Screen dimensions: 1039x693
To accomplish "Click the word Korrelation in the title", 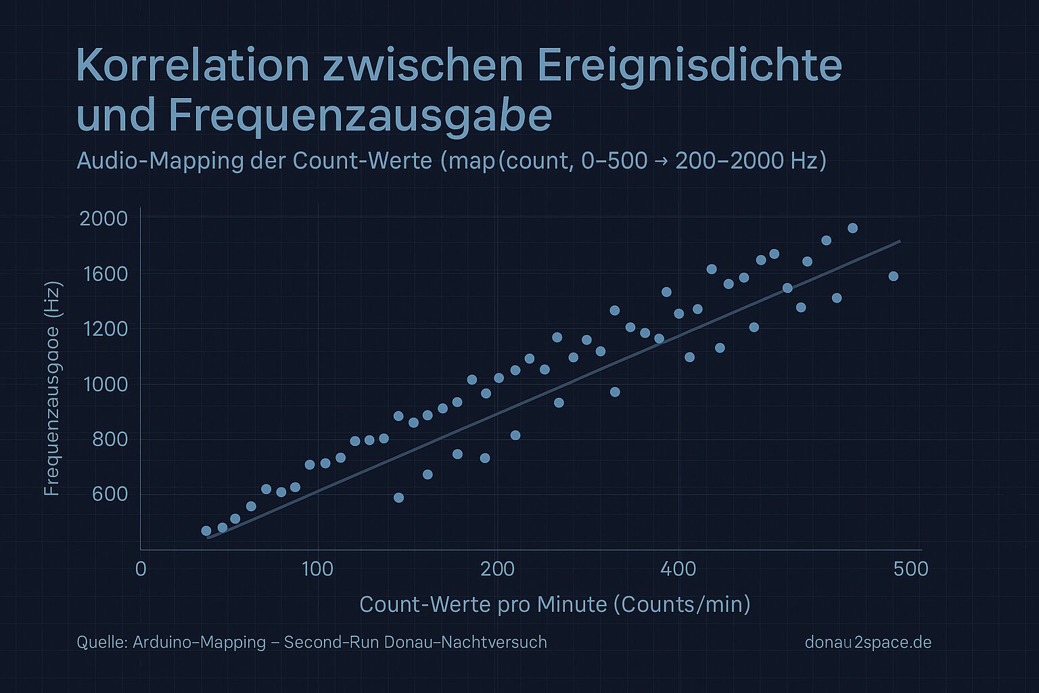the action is coord(193,66).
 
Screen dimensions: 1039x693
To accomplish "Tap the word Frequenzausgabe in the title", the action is coord(360,116).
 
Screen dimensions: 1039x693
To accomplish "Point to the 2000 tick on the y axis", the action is coord(103,219).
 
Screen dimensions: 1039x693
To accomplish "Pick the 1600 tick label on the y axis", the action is coord(105,274).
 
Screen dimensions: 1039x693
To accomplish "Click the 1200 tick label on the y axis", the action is coord(105,329).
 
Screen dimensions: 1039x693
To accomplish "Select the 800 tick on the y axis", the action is coord(110,439).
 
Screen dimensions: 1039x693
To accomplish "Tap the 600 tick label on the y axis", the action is coord(110,494).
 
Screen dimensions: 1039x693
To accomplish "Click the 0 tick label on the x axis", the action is coord(141,569).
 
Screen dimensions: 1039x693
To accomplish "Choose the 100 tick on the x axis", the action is coord(318,569).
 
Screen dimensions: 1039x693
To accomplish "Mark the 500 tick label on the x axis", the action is coord(911,569).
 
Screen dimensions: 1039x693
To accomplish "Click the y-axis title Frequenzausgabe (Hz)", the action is coord(52,389).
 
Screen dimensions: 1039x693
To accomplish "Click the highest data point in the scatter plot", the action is coord(852,228).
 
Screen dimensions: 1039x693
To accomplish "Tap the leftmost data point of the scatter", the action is coord(206,531).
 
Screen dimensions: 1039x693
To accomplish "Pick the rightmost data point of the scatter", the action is coord(894,276).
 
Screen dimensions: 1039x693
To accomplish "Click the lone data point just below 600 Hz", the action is coord(399,497).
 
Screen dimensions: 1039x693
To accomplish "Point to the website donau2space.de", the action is coord(869,642).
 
